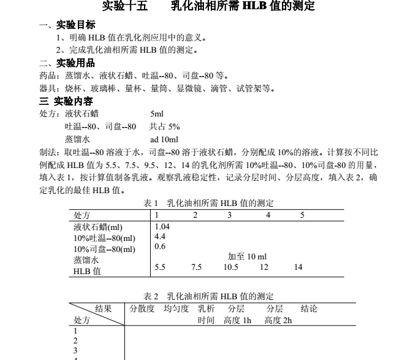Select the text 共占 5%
click(164, 126)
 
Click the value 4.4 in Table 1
click(160, 236)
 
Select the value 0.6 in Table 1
click(160, 247)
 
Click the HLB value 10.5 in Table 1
click(230, 267)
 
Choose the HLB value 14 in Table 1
click(298, 267)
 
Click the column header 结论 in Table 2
click(309, 308)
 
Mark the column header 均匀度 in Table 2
click(176, 308)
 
